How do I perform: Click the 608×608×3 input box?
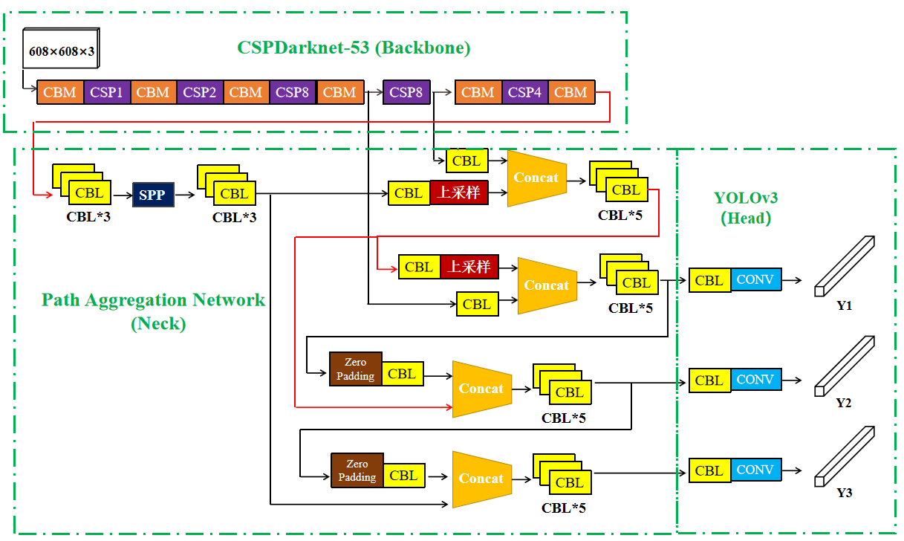point(62,52)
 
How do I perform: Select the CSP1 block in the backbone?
point(106,92)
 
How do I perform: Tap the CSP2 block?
point(200,92)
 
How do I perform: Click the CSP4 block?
point(524,92)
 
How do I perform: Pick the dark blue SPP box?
point(153,195)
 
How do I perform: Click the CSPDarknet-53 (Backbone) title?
point(354,48)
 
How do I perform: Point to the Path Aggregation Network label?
point(153,300)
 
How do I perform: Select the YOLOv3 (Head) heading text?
point(746,207)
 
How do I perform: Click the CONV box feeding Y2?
point(755,380)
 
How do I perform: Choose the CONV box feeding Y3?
point(755,470)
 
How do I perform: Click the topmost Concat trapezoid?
point(536,178)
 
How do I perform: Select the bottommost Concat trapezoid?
point(481,479)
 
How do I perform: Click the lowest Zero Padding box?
point(357,470)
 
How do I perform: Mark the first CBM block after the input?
point(60,92)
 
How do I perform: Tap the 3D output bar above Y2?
point(845,366)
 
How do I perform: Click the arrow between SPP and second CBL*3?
point(186,195)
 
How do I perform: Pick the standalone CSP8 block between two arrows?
point(406,92)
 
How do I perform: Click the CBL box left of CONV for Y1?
point(709,280)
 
